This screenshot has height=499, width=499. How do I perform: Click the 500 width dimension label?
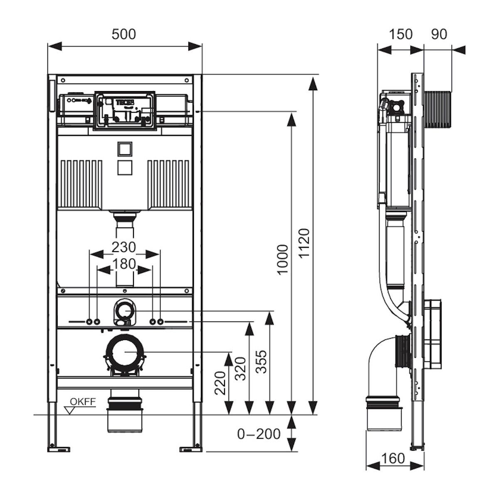coord(124,34)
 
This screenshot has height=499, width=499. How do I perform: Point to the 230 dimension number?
coord(124,247)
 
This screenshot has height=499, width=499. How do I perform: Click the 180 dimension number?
coord(124,264)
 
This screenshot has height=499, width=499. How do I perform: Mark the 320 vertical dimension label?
coord(240,368)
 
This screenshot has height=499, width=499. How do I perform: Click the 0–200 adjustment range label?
coord(259,434)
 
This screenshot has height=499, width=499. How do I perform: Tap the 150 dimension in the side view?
coord(401,34)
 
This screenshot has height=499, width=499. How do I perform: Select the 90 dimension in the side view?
coord(438,34)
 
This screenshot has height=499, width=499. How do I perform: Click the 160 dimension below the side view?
coord(393,458)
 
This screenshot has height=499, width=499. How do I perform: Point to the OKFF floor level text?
coord(83,401)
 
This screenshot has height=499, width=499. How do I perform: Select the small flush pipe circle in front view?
coord(124,310)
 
